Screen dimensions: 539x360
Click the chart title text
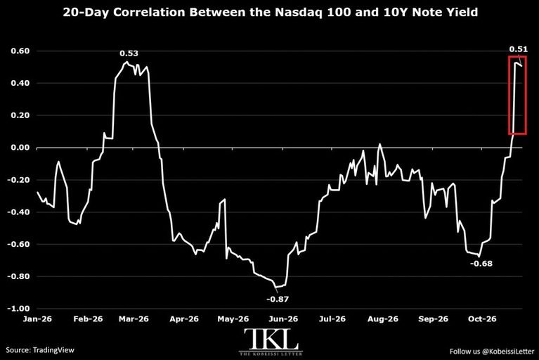[x=270, y=13]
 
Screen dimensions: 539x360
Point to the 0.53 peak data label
[x=129, y=53]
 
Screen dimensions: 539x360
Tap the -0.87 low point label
[x=278, y=299]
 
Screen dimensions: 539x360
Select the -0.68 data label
[x=481, y=264]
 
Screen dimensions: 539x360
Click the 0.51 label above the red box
[x=519, y=49]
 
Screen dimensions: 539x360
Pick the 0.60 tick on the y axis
[x=20, y=51]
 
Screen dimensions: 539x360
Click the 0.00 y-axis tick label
[x=20, y=148]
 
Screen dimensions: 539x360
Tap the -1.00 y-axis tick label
[x=18, y=309]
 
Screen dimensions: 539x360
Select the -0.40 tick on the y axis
[x=18, y=212]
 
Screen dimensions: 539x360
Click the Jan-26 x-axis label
[x=37, y=319]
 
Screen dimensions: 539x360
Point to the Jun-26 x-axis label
[x=283, y=319]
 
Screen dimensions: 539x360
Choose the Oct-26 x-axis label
[x=482, y=319]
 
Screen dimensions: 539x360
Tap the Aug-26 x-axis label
[x=382, y=319]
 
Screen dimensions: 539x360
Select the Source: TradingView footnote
[x=40, y=350]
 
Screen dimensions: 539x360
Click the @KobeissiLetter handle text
[x=508, y=352]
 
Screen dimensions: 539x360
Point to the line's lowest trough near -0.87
[x=276, y=287]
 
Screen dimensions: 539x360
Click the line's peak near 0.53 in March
[x=126, y=62]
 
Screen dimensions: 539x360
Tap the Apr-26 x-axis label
[x=184, y=319]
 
